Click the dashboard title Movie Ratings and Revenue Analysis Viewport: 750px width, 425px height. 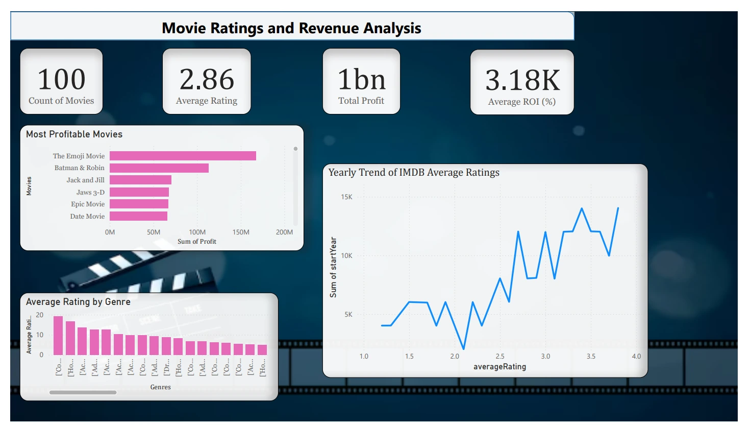click(291, 28)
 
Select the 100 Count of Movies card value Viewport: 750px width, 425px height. click(62, 80)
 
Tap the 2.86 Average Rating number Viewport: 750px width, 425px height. click(207, 80)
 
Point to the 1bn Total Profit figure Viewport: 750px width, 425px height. click(361, 80)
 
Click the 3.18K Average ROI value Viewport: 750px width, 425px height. click(522, 80)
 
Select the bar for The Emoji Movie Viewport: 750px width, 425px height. click(183, 156)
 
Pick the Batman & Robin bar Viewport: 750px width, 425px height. click(159, 168)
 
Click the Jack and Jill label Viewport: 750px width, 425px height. click(85, 180)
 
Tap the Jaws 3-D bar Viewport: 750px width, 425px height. click(139, 192)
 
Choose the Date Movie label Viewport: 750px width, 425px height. click(87, 216)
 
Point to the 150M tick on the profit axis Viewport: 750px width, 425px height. click(241, 232)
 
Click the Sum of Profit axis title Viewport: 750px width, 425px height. click(197, 241)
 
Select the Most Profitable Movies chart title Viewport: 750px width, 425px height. click(74, 134)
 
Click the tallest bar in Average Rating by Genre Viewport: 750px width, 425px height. click(58, 336)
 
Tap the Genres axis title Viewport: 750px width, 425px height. click(160, 387)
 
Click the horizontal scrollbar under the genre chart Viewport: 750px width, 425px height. click(83, 392)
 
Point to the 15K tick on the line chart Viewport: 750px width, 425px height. click(346, 197)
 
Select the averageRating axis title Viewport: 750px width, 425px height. click(499, 366)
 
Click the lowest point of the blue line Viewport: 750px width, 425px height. click(464, 349)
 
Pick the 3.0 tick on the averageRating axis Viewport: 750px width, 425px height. click(545, 356)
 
